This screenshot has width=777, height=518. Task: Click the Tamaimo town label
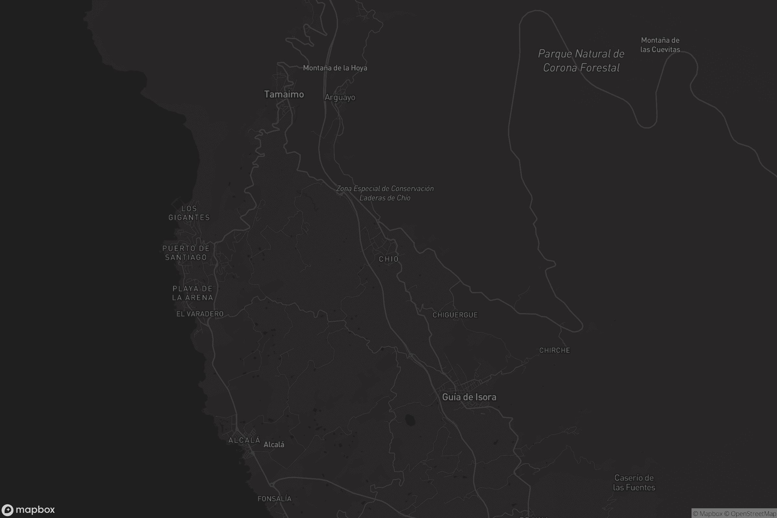click(284, 95)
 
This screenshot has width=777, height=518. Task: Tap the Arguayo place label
click(340, 97)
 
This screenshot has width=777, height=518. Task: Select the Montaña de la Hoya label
click(335, 68)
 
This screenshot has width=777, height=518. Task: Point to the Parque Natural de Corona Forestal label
click(581, 61)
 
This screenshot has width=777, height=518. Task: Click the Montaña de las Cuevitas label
click(660, 45)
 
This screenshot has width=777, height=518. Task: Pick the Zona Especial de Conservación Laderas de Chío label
click(385, 193)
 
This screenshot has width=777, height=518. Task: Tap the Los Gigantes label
click(189, 213)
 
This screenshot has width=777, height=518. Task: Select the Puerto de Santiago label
click(186, 253)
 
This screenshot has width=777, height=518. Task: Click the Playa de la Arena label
click(193, 293)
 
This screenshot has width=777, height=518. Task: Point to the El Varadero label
click(200, 314)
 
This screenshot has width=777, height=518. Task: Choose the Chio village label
click(388, 259)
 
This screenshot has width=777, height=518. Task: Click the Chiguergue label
click(455, 315)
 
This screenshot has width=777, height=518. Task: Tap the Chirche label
click(554, 351)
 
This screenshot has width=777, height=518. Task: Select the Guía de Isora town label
click(469, 397)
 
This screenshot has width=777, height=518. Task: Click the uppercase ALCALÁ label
click(244, 440)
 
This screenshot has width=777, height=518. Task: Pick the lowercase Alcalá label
click(274, 445)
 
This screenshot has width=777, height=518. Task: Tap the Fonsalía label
click(275, 499)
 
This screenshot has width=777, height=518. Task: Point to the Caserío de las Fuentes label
click(634, 483)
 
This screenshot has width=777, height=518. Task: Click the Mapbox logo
click(28, 510)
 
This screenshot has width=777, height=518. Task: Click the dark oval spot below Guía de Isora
click(410, 420)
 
